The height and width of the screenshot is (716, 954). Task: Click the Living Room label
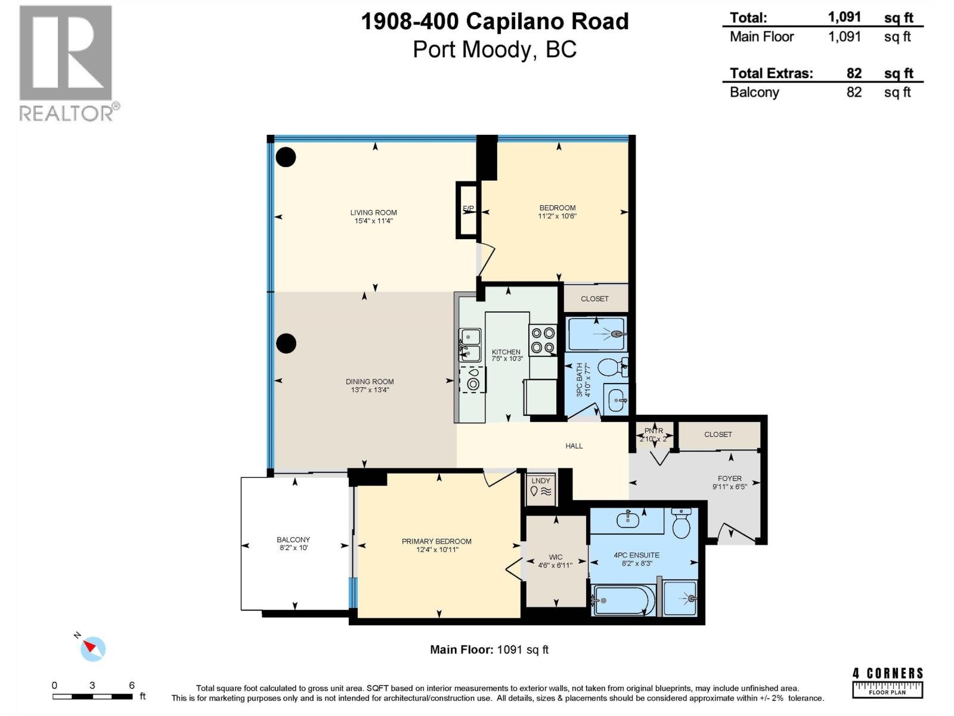pyautogui.click(x=373, y=212)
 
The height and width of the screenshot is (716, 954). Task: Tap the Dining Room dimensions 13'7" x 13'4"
pyautogui.click(x=370, y=390)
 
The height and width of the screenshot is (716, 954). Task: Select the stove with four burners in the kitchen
pyautogui.click(x=543, y=340)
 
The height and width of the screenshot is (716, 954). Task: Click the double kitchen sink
pyautogui.click(x=470, y=345)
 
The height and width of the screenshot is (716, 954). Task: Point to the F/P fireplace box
pyautogui.click(x=468, y=209)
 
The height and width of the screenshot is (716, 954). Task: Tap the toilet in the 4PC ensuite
pyautogui.click(x=681, y=525)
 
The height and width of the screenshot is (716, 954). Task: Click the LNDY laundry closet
pyautogui.click(x=541, y=487)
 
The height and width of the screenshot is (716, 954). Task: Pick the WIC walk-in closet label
pyautogui.click(x=555, y=557)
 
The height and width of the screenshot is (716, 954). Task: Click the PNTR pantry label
pyautogui.click(x=653, y=431)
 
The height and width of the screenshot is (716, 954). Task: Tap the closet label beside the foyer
pyautogui.click(x=718, y=434)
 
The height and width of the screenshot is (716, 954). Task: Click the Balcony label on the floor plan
pyautogui.click(x=293, y=539)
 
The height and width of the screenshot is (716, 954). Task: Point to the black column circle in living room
pyautogui.click(x=286, y=157)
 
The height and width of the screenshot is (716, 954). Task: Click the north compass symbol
pyautogui.click(x=93, y=649)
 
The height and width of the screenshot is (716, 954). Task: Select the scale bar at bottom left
pyautogui.click(x=92, y=696)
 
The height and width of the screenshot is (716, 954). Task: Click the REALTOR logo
pyautogui.click(x=66, y=63)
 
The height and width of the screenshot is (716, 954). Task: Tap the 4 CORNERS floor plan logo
pyautogui.click(x=887, y=683)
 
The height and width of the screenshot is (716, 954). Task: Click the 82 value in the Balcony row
pyautogui.click(x=854, y=92)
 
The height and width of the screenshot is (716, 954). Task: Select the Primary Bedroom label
pyautogui.click(x=436, y=541)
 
